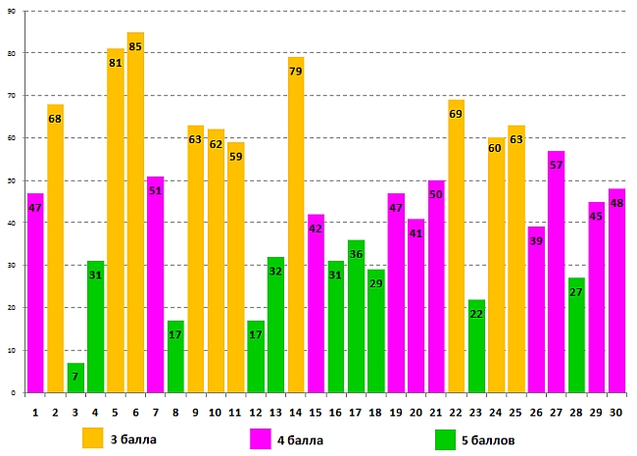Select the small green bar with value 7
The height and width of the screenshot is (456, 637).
pos(75,379)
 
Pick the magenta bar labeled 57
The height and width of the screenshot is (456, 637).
pos(556,275)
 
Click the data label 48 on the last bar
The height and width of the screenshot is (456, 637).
pos(616,204)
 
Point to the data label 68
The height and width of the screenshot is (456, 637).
pos(55,120)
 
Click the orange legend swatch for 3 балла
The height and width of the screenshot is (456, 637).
pos(93,437)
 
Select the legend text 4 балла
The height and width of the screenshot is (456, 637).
pos(301,440)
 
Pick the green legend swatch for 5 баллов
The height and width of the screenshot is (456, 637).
pos(445,438)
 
